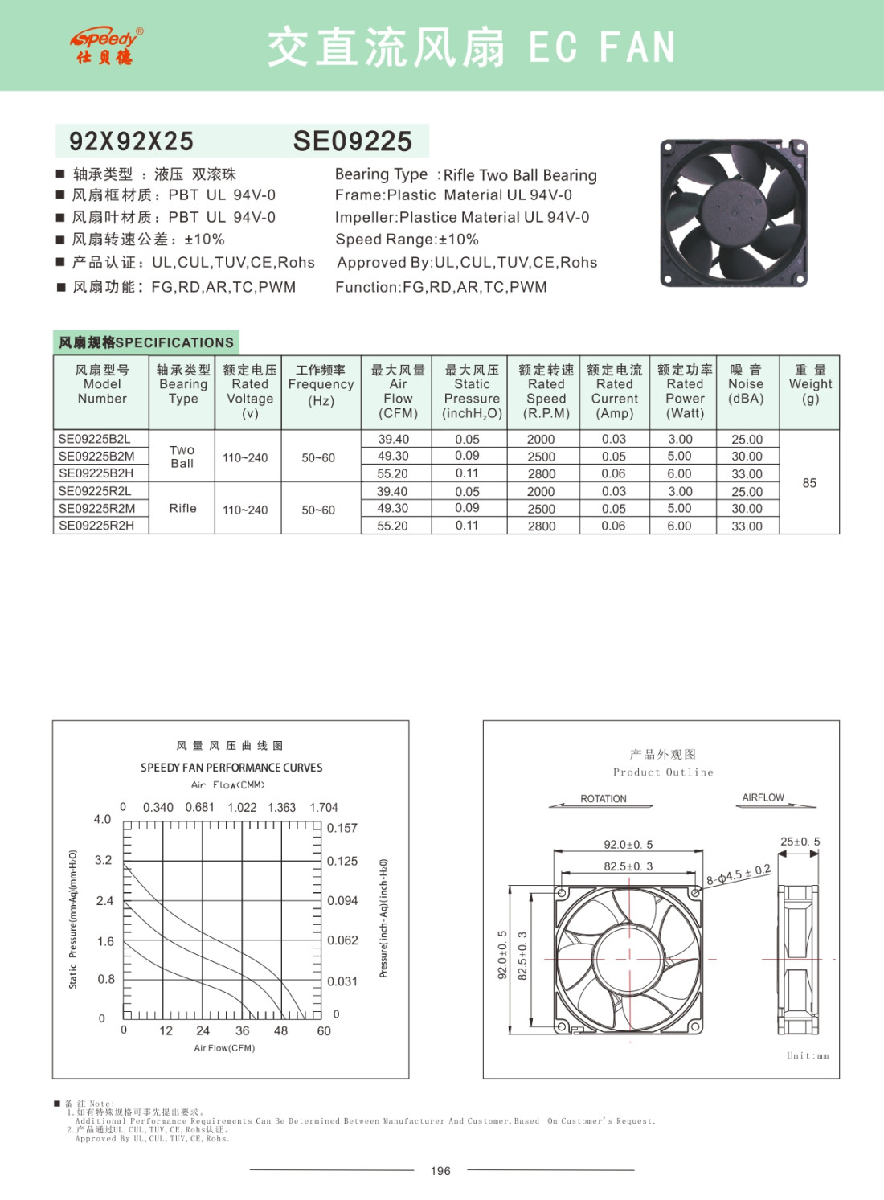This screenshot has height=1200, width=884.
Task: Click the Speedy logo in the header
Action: point(104,46)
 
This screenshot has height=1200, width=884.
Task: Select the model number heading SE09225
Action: point(352,141)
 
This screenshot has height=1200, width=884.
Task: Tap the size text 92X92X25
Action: point(131,141)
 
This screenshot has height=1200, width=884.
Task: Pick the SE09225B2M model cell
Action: point(96,456)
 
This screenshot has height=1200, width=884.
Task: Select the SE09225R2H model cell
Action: point(96,526)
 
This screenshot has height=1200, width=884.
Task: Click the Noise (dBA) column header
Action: point(746,384)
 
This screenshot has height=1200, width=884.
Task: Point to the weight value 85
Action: point(809,483)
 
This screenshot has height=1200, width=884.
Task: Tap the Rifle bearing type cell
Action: point(182,508)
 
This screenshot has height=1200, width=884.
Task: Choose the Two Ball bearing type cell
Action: point(182,457)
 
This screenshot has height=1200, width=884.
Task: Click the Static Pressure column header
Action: point(472,391)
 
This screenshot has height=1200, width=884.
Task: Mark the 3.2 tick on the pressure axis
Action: point(104,860)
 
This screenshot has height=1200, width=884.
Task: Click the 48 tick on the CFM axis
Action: point(280,1030)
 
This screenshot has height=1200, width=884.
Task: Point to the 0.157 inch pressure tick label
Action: point(342,828)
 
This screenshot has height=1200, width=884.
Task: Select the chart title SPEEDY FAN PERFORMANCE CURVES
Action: point(231,768)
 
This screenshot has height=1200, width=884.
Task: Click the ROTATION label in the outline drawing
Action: point(604,799)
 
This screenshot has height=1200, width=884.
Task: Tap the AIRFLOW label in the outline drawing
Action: point(763,797)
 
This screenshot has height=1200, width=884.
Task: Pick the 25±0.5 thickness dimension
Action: point(800,842)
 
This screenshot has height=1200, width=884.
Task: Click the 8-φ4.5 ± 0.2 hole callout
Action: point(739,874)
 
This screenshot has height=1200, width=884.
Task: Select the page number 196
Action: point(440,1171)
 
